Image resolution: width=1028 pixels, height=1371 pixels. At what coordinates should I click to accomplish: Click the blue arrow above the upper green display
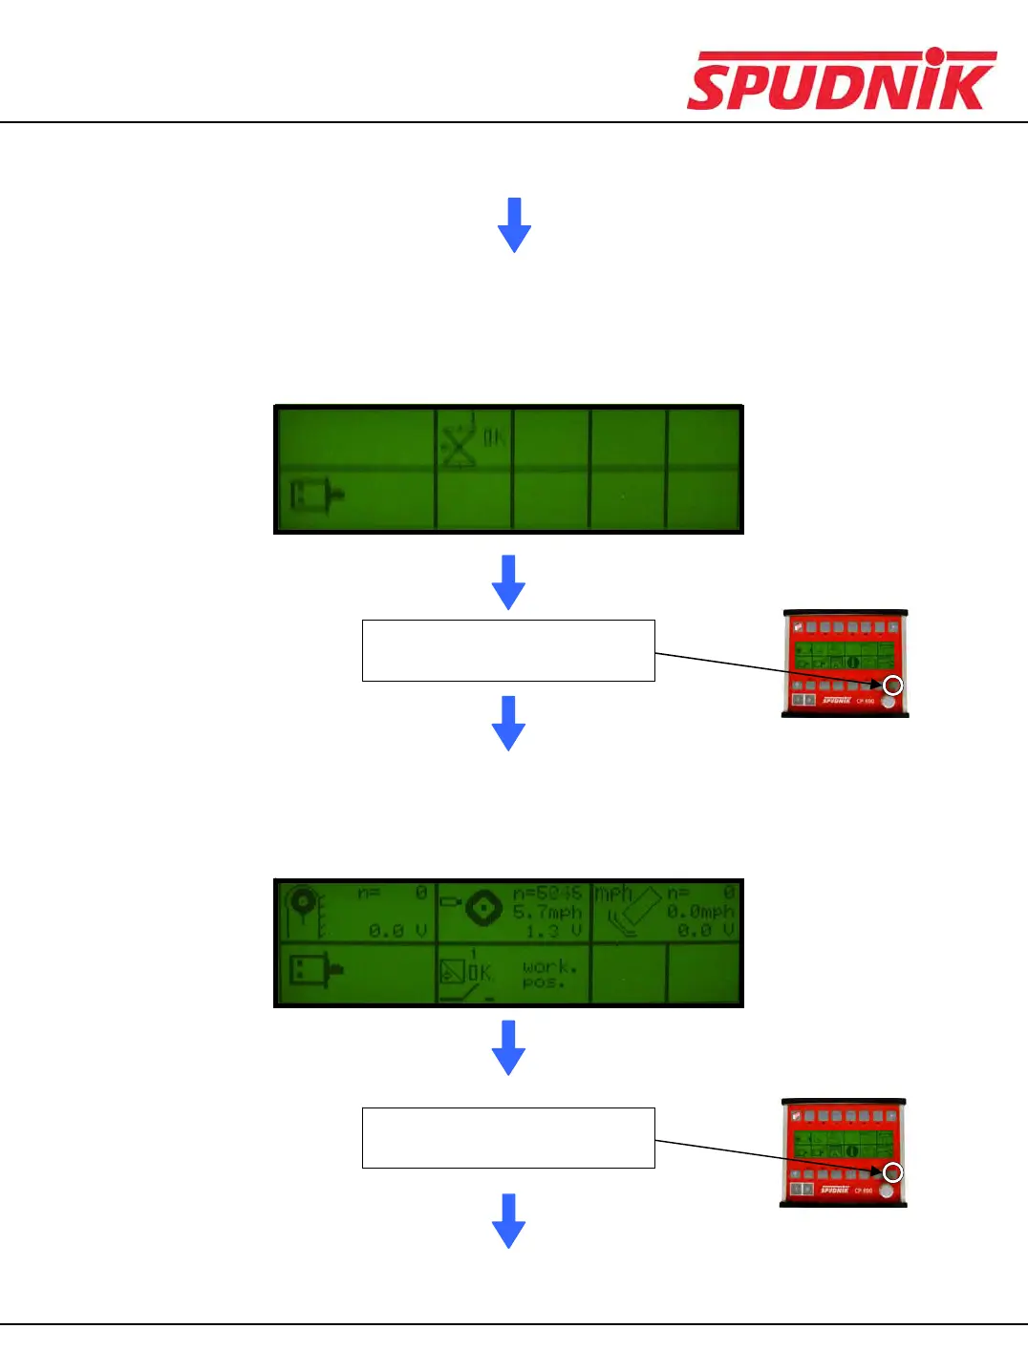pyautogui.click(x=514, y=224)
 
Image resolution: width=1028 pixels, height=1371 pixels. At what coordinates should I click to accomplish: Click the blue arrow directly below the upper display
pyautogui.click(x=508, y=581)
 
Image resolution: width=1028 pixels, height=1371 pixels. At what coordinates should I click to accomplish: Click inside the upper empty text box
pyautogui.click(x=508, y=650)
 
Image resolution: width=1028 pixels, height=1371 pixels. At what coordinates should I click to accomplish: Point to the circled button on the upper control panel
pyautogui.click(x=892, y=685)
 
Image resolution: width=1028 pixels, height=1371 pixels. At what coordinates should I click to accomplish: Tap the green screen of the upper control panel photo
pyautogui.click(x=844, y=655)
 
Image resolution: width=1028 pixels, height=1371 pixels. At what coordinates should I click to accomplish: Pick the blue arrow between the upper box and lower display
pyautogui.click(x=508, y=723)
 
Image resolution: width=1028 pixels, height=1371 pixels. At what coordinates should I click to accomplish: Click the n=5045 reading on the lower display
pyautogui.click(x=546, y=894)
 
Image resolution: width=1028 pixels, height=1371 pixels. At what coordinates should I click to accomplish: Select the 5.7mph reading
pyautogui.click(x=546, y=912)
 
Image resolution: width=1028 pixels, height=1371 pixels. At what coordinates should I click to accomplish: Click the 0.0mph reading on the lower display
pyautogui.click(x=700, y=912)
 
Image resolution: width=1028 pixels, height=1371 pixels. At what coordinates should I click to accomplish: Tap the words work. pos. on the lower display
pyautogui.click(x=549, y=974)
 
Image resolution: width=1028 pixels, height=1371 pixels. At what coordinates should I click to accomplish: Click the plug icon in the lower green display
pyautogui.click(x=316, y=972)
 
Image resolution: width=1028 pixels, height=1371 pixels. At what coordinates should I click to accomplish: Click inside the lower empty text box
pyautogui.click(x=508, y=1138)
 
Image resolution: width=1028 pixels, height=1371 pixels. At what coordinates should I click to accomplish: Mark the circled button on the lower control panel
pyautogui.click(x=892, y=1172)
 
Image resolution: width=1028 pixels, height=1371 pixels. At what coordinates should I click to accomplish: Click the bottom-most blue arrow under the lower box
pyautogui.click(x=508, y=1220)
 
